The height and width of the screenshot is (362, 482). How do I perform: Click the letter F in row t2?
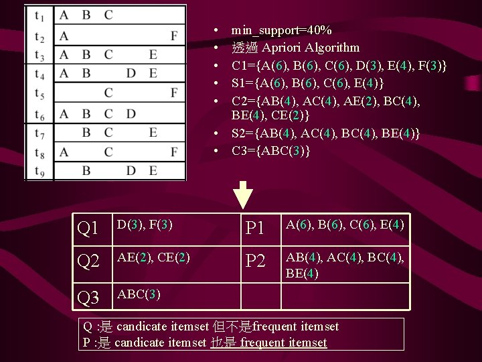pyautogui.click(x=174, y=36)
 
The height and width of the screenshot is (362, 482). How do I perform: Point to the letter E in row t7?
pyautogui.click(x=153, y=133)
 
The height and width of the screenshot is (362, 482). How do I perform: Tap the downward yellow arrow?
pyautogui.click(x=246, y=195)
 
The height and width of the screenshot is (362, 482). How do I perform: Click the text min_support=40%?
pyautogui.click(x=281, y=30)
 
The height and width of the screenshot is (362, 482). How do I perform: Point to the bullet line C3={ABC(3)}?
pyautogui.click(x=270, y=151)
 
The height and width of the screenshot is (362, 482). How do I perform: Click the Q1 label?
pyautogui.click(x=89, y=229)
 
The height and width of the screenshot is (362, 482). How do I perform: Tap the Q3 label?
pyautogui.click(x=89, y=297)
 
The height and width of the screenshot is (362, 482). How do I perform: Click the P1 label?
pyautogui.click(x=256, y=229)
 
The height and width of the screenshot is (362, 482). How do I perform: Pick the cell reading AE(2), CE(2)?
pyautogui.click(x=152, y=257)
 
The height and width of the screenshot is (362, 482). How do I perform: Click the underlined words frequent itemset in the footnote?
pyautogui.click(x=284, y=343)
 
